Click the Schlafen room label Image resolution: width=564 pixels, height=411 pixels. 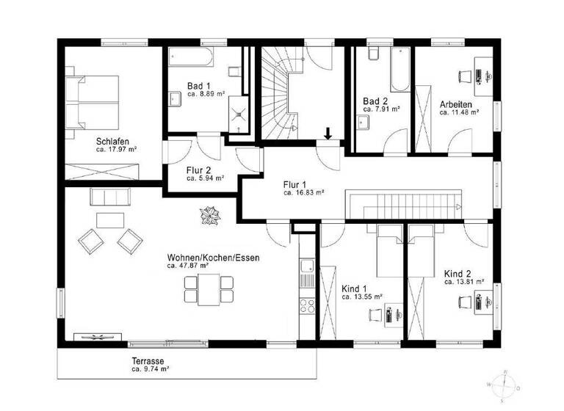(112, 141)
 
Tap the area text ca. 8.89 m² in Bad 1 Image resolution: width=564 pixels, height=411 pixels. (206, 94)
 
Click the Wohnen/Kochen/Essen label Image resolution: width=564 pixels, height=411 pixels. (213, 258)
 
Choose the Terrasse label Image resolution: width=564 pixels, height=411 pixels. (148, 362)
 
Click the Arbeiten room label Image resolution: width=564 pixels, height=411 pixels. (455, 104)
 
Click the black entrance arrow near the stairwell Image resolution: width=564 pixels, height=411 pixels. (328, 133)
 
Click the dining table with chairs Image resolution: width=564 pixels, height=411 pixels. (209, 288)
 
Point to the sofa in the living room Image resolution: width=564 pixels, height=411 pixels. (110, 197)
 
